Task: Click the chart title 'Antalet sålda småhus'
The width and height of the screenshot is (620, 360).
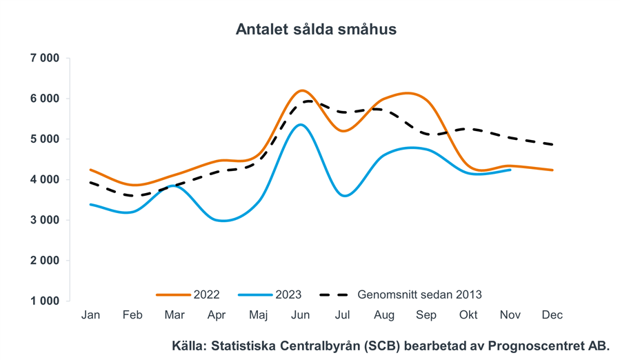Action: click(316, 30)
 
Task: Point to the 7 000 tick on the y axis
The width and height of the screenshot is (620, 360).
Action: click(46, 58)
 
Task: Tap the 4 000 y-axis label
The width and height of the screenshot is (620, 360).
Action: click(46, 180)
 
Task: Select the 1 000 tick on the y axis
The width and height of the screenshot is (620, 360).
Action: click(46, 301)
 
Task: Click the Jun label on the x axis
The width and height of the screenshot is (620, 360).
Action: click(300, 315)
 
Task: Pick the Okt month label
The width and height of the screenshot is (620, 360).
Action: click(468, 315)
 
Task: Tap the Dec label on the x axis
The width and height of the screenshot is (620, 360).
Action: click(552, 315)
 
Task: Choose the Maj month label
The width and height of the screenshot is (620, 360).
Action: click(258, 315)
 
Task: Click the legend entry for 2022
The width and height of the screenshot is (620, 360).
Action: click(206, 294)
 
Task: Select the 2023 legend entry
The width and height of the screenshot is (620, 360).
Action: click(288, 294)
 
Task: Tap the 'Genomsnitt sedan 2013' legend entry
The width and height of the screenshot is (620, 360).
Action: click(419, 294)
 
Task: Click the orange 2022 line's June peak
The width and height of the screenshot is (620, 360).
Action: click(301, 90)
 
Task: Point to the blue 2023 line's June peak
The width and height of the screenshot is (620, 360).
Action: click(300, 125)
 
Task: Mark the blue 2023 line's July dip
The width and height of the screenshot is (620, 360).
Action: click(343, 196)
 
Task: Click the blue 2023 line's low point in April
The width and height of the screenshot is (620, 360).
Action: click(222, 221)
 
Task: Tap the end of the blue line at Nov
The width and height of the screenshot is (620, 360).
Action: click(510, 170)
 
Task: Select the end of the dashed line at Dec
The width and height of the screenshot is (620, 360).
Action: click(552, 144)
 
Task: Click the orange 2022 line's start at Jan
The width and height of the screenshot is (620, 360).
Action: click(90, 170)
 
